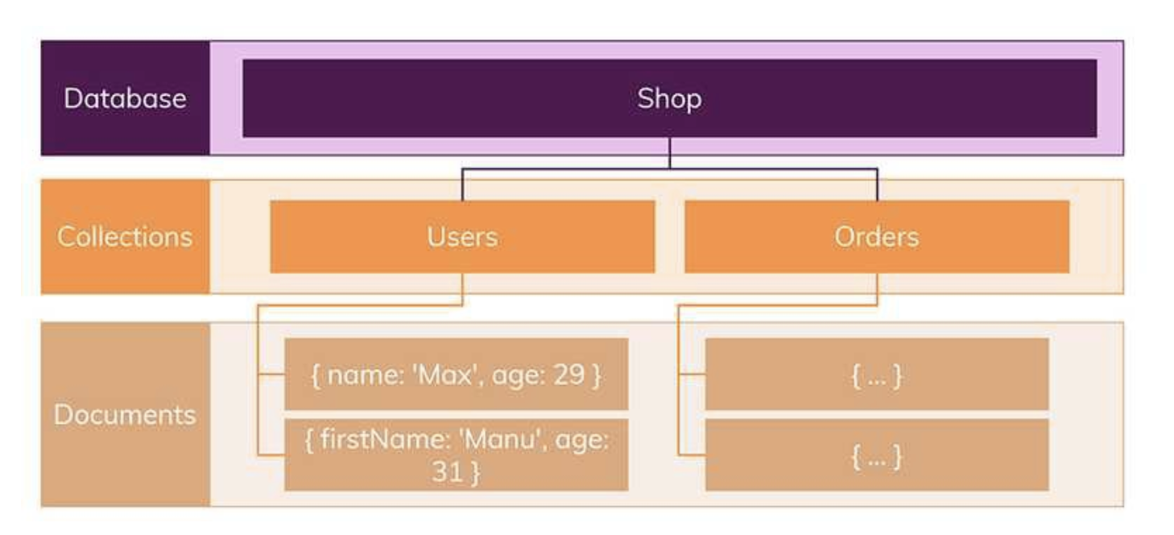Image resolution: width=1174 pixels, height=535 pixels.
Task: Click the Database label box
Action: click(126, 98)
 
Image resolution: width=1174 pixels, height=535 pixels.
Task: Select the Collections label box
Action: click(126, 237)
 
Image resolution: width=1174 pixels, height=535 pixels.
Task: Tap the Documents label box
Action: click(126, 414)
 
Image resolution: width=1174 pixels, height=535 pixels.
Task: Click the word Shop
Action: click(669, 98)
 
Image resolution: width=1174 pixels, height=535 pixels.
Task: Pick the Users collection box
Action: click(462, 237)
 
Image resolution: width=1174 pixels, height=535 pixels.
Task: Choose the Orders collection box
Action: click(877, 237)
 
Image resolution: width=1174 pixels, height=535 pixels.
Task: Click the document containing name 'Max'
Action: click(457, 374)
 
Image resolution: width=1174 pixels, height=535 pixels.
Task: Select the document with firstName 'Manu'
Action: click(457, 454)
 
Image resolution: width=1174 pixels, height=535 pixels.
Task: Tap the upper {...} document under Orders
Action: click(877, 374)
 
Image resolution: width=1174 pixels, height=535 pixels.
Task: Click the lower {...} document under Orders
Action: click(877, 454)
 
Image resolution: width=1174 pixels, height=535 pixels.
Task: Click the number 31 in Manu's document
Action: click(447, 471)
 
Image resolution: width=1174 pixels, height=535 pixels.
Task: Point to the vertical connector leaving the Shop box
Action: click(669, 153)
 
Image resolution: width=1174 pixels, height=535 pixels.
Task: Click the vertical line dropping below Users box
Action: click(462, 289)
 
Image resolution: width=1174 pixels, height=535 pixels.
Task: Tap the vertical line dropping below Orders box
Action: click(877, 289)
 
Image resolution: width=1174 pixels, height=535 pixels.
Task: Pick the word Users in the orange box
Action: click(462, 237)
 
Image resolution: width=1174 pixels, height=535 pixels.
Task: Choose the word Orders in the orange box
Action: click(877, 237)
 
